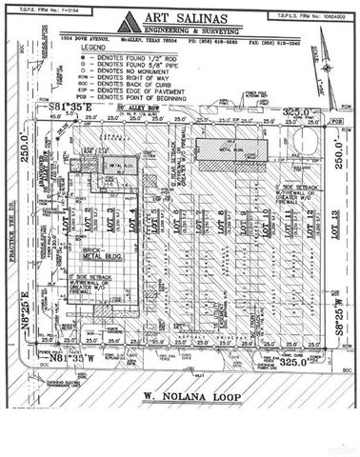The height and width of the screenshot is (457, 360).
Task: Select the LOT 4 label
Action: tap(133, 219)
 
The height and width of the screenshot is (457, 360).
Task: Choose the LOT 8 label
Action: tap(220, 225)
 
